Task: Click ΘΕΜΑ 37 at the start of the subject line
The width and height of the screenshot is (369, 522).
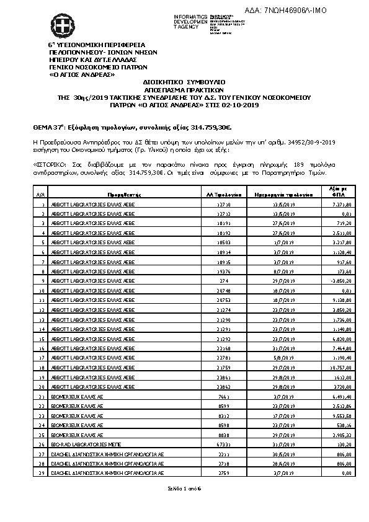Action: [47, 127]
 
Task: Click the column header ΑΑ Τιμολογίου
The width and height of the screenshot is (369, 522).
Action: [224, 194]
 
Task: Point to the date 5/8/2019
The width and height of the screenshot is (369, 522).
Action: [283, 358]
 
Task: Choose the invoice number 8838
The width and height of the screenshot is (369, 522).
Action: [224, 435]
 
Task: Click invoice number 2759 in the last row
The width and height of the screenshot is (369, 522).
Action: [224, 473]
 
